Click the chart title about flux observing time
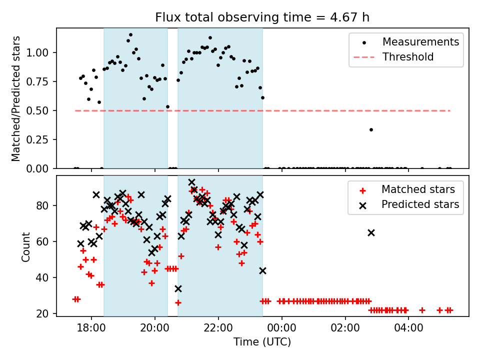click(262, 18)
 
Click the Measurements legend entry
click(420, 42)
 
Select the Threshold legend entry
click(408, 57)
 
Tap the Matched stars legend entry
click(418, 189)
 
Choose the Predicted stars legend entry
click(420, 204)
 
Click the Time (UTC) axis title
click(262, 342)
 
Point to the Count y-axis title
click(25, 246)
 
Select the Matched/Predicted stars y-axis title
click(16, 98)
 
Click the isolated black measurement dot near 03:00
click(371, 129)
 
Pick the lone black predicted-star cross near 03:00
click(371, 232)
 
